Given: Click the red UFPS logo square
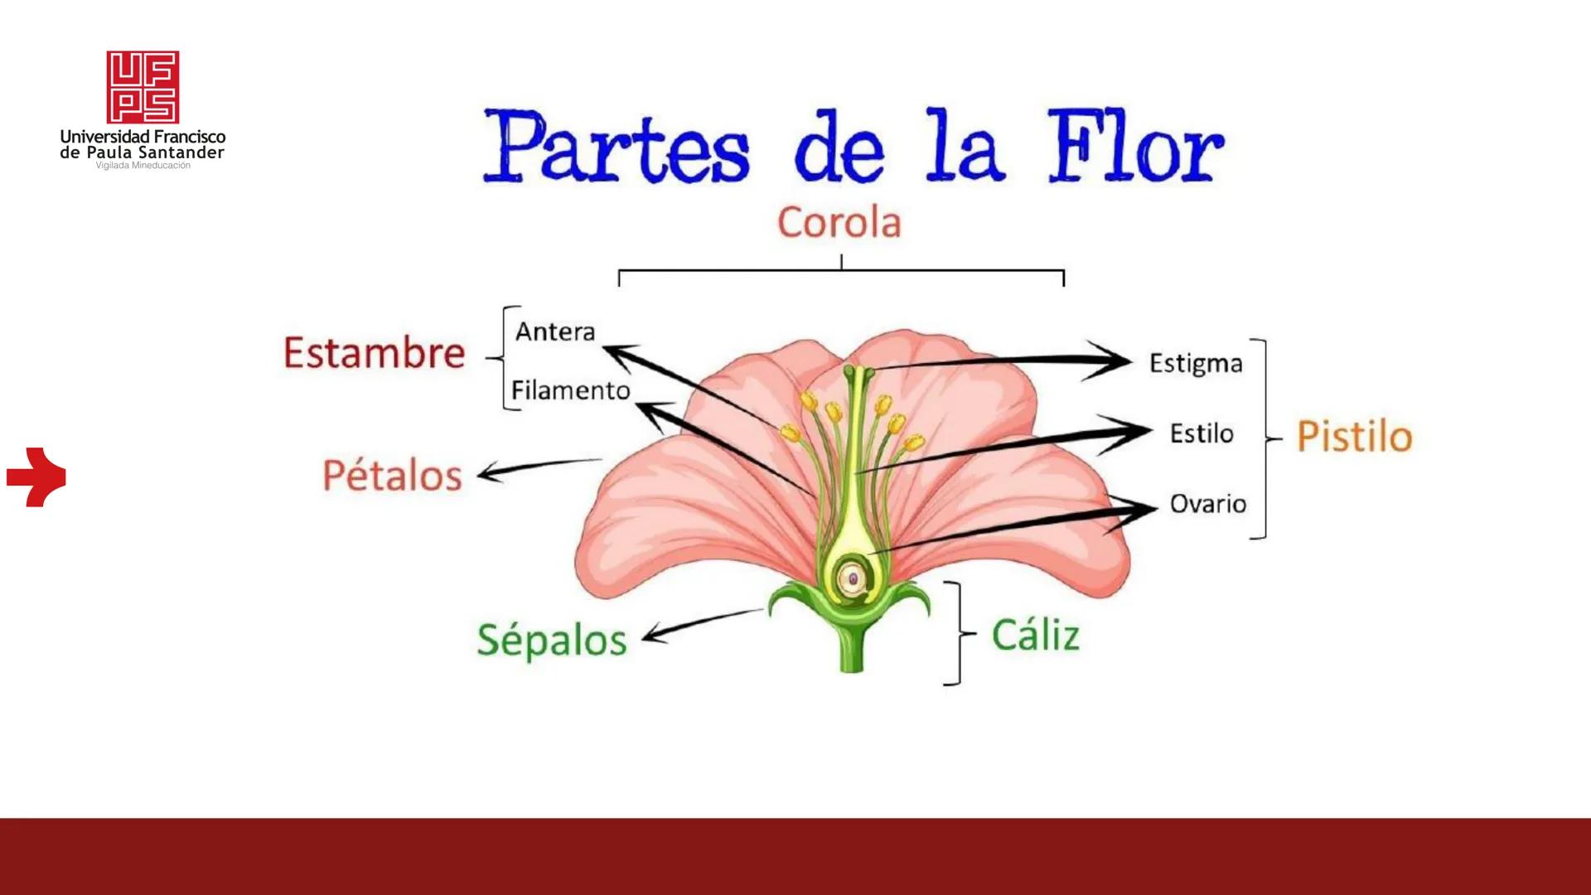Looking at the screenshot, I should [143, 87].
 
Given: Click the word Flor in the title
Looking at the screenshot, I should [1135, 148].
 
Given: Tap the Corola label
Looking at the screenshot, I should [839, 223].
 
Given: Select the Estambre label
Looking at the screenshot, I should [374, 353].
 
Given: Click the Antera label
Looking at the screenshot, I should [555, 331].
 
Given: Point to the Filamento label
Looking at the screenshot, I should [570, 390].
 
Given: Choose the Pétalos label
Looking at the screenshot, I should [392, 476].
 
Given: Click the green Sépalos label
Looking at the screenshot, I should [552, 641].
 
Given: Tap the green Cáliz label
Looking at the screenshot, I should [1036, 636].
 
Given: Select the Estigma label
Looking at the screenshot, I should [1196, 364].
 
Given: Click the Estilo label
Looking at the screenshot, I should [1202, 433].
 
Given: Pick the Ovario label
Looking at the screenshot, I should [1207, 504].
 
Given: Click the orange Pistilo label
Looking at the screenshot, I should [1354, 437].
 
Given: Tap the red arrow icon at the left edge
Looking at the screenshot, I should [36, 477].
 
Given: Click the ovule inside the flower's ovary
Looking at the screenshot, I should [852, 578].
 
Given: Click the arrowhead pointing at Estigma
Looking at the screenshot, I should [1115, 360].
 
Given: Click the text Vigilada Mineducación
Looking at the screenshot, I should [143, 166].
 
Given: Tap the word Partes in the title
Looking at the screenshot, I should [617, 148].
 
